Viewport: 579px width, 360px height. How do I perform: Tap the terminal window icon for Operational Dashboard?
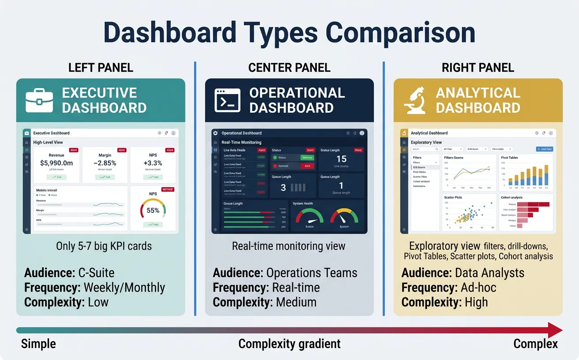227,100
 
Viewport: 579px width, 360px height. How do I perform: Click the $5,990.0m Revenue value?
56,163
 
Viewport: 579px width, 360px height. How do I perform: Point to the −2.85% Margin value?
105,163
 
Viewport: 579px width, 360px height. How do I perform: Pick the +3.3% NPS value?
153,163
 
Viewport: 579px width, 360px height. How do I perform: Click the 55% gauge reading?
153,210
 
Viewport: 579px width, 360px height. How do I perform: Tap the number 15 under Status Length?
341,159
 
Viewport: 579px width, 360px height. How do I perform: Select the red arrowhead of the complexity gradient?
555,330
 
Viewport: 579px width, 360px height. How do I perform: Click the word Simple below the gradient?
38,344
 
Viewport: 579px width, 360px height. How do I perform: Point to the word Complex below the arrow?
535,344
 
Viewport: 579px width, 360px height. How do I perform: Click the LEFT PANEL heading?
101,67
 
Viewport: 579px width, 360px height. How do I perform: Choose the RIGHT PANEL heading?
478,67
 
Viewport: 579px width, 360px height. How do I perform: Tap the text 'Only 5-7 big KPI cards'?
104,246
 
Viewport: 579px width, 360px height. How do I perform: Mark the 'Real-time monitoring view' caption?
289,246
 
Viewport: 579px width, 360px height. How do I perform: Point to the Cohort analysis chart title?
512,198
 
